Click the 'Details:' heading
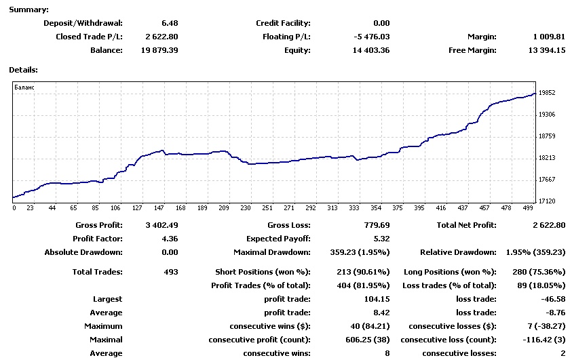23,69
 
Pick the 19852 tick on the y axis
547,93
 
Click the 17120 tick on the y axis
547,201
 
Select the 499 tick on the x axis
529,208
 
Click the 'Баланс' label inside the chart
24,88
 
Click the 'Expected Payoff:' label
278,239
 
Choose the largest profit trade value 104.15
377,299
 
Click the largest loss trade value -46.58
552,299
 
